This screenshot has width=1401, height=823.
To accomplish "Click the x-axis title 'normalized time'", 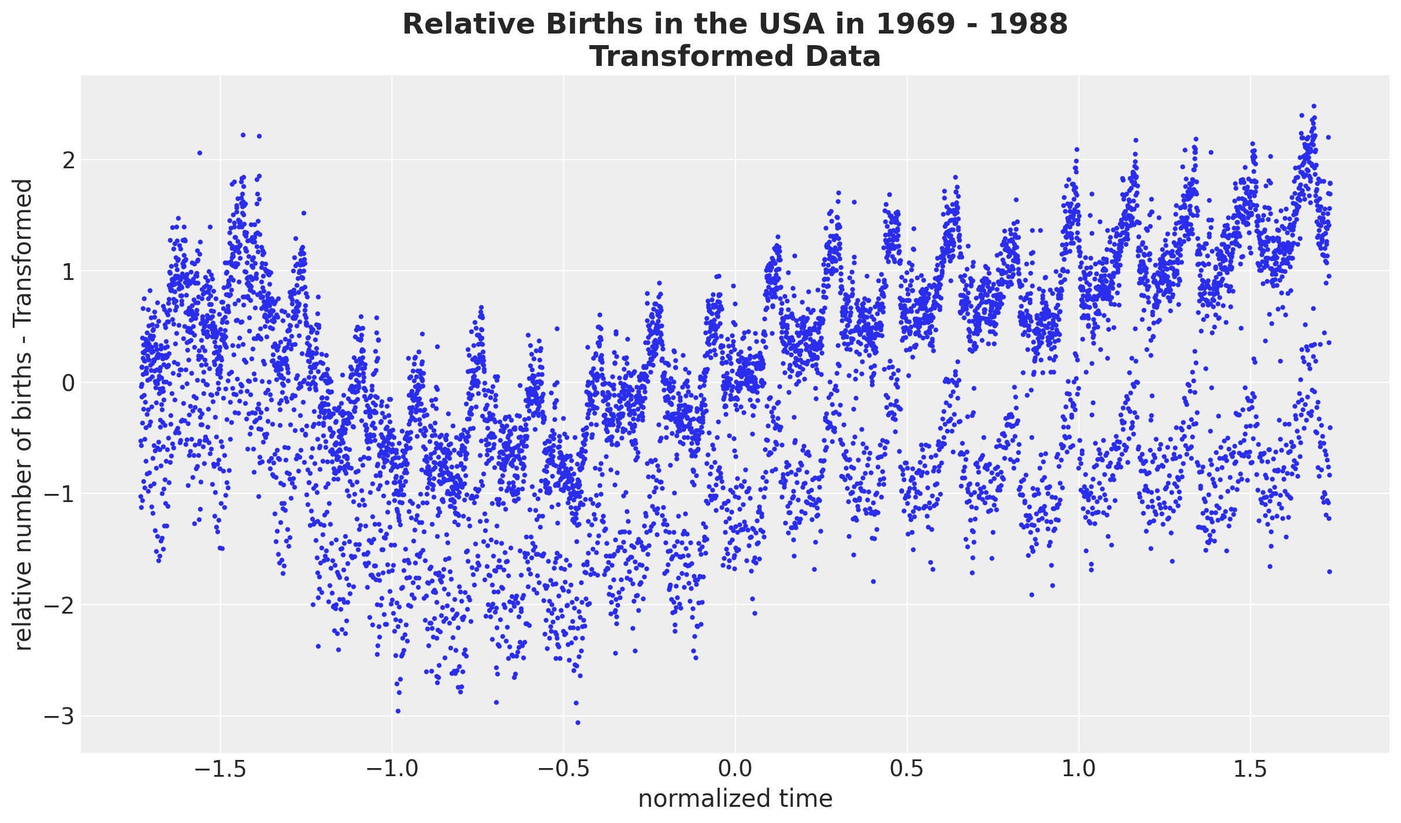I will [735, 799].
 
